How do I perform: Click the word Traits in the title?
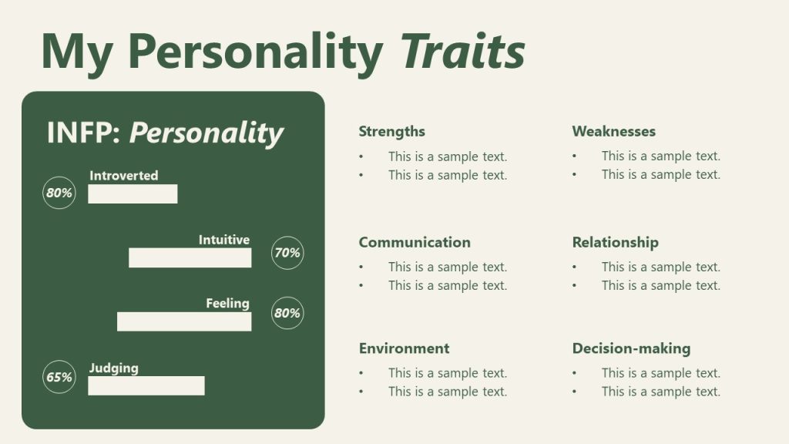463,52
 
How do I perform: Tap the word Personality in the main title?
255,52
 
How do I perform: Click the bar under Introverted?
133,194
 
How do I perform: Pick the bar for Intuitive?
190,258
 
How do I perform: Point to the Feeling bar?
184,321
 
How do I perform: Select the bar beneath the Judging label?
146,385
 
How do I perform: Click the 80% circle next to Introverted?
59,193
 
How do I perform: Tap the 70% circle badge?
287,253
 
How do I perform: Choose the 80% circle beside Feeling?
287,314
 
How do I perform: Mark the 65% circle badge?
59,377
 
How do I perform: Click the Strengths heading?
391,132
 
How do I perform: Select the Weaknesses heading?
613,132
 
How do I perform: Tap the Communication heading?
414,242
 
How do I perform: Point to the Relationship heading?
615,242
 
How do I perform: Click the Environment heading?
404,348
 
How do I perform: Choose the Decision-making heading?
631,348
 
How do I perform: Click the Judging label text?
114,368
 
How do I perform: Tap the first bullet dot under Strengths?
362,157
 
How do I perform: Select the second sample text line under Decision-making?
660,392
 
